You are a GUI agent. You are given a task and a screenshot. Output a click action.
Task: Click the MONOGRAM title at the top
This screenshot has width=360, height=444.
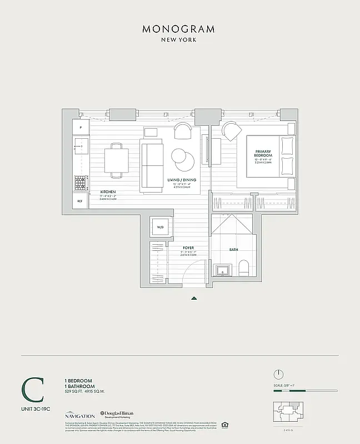click(x=179, y=29)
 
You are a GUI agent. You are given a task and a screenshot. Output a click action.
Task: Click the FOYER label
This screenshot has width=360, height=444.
click(x=188, y=249)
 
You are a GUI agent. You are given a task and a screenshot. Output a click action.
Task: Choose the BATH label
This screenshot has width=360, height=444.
click(x=234, y=250)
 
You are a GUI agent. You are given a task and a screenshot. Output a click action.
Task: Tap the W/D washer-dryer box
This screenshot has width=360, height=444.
click(x=160, y=228)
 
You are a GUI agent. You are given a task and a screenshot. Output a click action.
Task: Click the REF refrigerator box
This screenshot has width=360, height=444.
click(x=80, y=201)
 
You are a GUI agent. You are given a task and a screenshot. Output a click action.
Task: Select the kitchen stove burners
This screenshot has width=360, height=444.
click(x=81, y=181)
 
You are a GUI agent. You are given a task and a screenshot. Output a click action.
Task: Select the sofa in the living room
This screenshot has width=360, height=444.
click(x=152, y=166)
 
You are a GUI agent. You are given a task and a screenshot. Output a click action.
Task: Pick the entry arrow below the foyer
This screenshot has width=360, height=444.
click(x=194, y=298)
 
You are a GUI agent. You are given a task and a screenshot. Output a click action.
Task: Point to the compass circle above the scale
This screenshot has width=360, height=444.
click(x=279, y=374)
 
